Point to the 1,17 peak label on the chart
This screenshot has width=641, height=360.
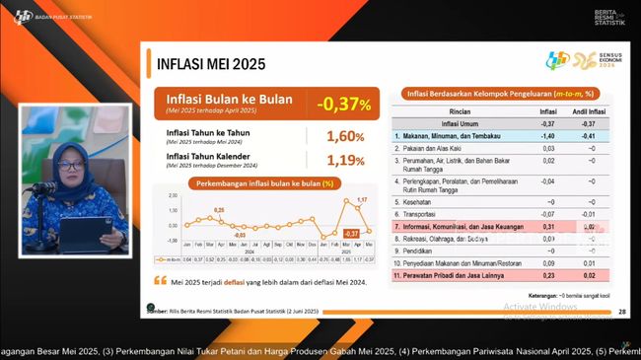click(x=362, y=201)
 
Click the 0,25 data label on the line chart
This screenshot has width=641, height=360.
click(x=219, y=210)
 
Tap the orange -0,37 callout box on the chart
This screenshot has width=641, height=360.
click(x=350, y=233)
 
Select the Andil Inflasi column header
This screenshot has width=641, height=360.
click(x=590, y=112)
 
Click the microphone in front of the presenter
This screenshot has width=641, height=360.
click(x=44, y=187)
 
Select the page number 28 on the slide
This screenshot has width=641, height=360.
click(x=621, y=312)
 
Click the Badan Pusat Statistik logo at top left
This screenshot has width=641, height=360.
click(x=25, y=15)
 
